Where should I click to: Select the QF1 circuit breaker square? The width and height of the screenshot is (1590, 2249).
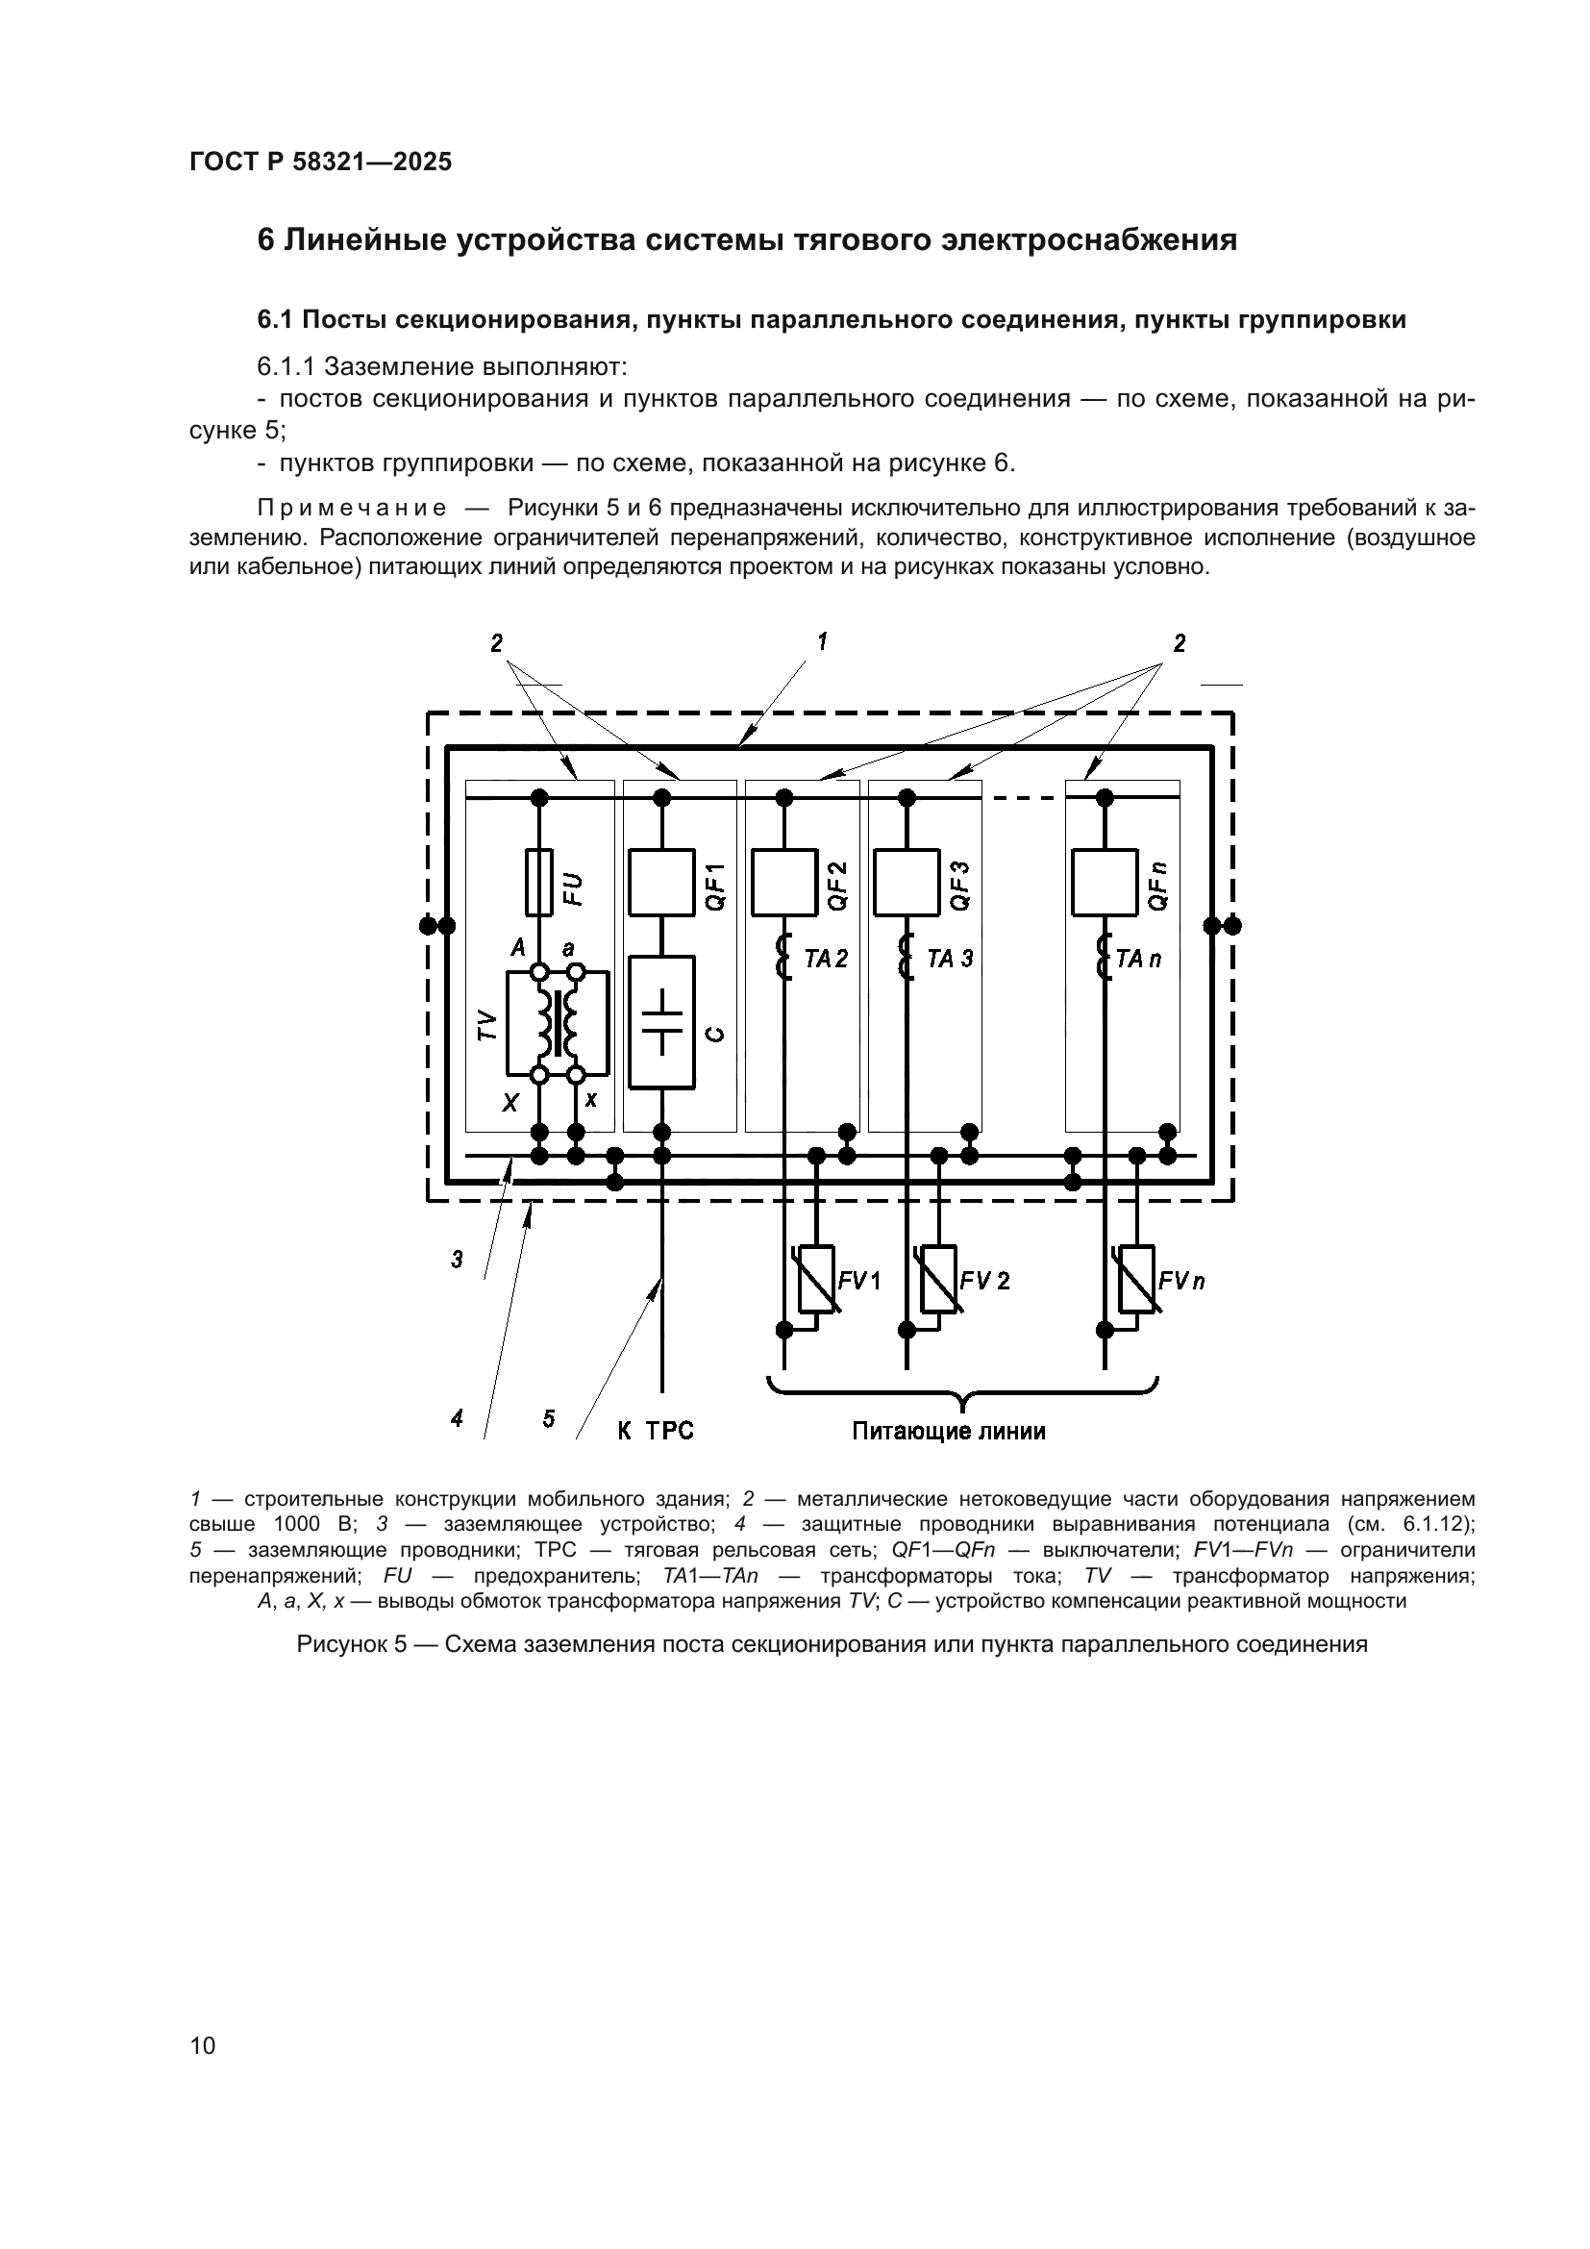click(660, 883)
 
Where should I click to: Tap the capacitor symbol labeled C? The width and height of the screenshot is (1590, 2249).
click(661, 1022)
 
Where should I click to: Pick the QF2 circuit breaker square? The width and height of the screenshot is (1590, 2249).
click(783, 883)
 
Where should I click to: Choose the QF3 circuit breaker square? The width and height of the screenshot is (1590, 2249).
click(907, 883)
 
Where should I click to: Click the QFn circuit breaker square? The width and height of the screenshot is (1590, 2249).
click(1105, 883)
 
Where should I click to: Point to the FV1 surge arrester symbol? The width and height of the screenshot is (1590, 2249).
click(816, 1279)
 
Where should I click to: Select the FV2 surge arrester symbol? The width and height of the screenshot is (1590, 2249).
click(939, 1279)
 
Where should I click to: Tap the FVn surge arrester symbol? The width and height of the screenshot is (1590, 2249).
click(1136, 1279)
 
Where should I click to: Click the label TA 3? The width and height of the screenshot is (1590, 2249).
click(950, 959)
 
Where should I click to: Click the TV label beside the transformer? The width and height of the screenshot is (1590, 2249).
click(487, 1026)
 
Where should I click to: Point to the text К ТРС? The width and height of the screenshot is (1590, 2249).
click(655, 1431)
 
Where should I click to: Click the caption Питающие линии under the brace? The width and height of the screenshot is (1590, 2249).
click(948, 1431)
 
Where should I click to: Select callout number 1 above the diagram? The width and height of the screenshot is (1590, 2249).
click(823, 641)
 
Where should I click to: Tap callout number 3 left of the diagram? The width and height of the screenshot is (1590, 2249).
click(458, 1259)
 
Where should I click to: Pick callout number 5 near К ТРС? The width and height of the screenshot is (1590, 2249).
click(548, 1417)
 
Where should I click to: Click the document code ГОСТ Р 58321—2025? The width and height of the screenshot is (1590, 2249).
click(320, 162)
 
